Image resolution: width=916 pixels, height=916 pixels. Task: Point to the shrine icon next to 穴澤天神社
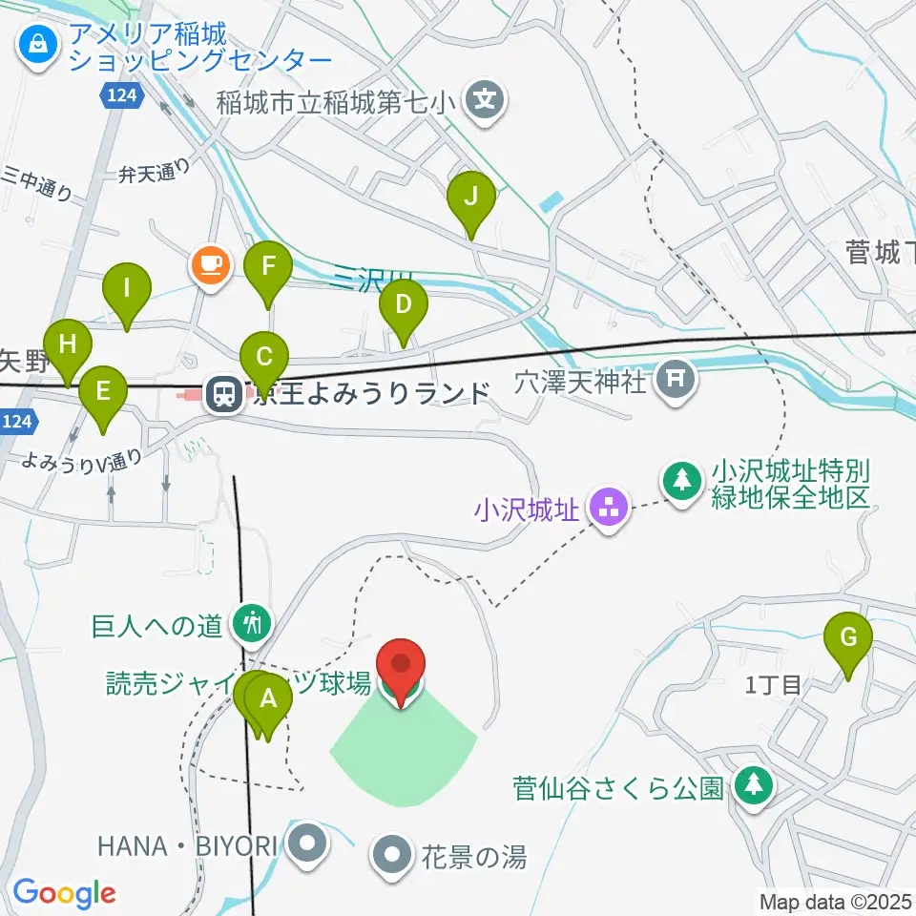point(677,379)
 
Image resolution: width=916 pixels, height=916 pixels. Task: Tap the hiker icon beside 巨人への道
point(253,625)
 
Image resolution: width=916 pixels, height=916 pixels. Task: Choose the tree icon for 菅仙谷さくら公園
point(754,786)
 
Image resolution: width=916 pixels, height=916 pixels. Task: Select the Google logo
point(64,893)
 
